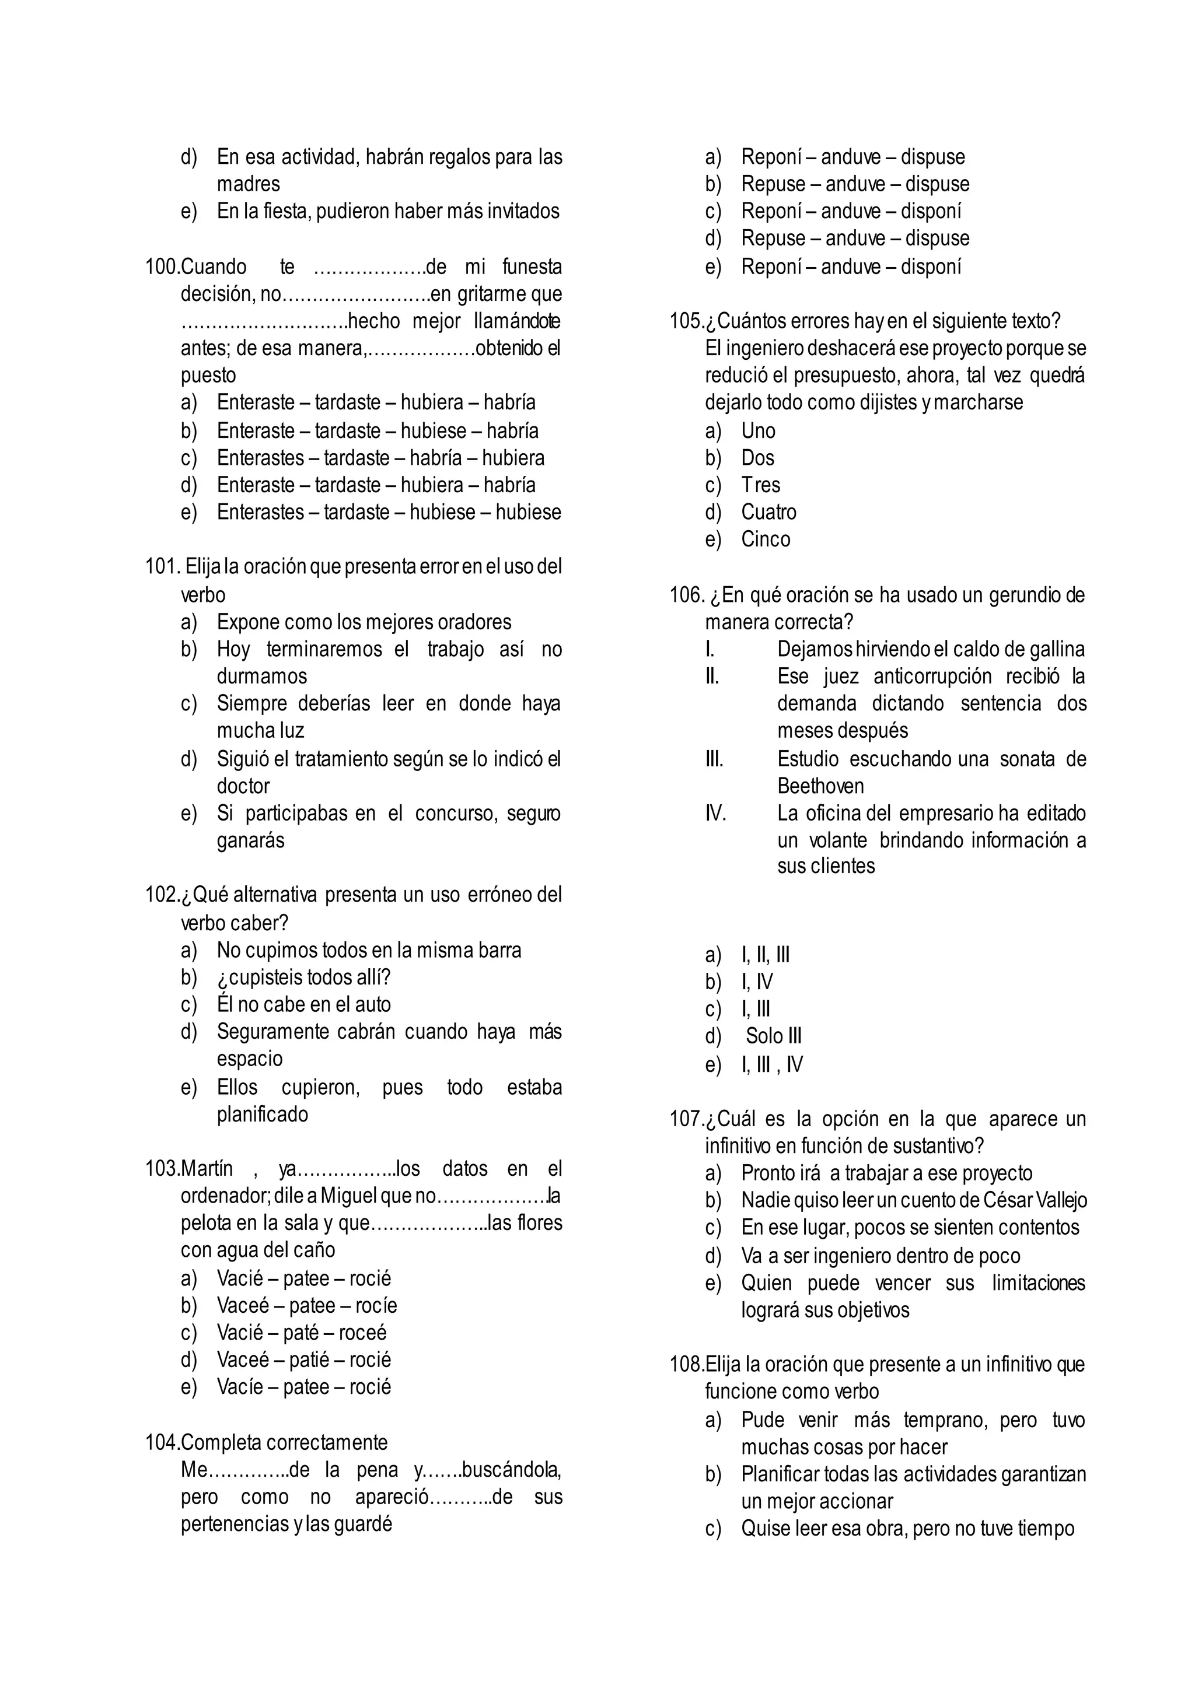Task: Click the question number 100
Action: pyautogui.click(x=161, y=267)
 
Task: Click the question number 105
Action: pyautogui.click(x=685, y=321)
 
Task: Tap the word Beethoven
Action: pyautogui.click(x=820, y=786)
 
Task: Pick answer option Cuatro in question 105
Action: pyautogui.click(x=768, y=512)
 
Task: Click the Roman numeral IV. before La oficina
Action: pyautogui.click(x=715, y=813)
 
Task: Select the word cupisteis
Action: pyautogui.click(x=267, y=977)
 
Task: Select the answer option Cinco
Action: pyautogui.click(x=766, y=539)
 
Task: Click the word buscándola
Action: pyautogui.click(x=511, y=1469)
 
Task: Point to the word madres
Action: pyautogui.click(x=248, y=184)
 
